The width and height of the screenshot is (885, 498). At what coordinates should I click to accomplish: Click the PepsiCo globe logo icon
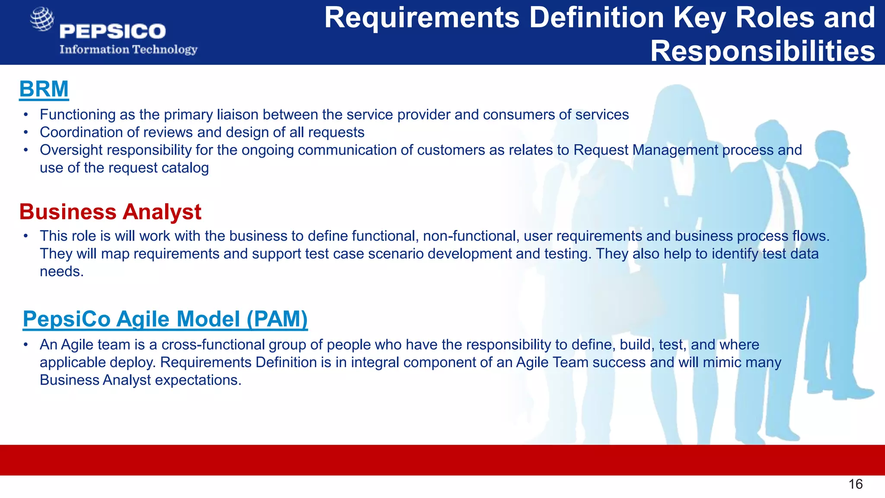[42, 19]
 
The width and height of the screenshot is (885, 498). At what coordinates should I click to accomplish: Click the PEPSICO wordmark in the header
[112, 32]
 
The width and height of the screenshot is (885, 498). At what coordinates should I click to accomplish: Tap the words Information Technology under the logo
[128, 49]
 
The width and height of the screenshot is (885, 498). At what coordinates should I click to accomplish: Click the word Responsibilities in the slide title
[762, 51]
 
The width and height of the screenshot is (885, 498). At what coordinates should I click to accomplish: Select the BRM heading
[44, 89]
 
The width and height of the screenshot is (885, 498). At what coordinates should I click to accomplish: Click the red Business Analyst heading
[110, 212]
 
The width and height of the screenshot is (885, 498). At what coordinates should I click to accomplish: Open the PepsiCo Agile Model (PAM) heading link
[165, 319]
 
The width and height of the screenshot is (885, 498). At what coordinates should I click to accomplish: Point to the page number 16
[855, 484]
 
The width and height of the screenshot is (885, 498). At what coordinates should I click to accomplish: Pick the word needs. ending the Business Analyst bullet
[61, 271]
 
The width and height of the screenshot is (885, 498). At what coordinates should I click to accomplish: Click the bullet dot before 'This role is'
[26, 236]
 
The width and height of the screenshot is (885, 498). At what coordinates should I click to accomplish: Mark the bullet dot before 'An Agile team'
[26, 345]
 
